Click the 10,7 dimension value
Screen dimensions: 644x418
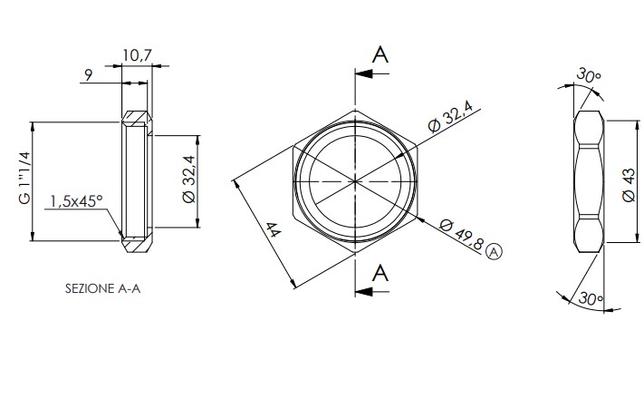(137, 55)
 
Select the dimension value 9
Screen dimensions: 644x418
(88, 75)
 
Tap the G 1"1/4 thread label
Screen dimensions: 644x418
(24, 178)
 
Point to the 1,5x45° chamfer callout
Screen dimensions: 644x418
(76, 201)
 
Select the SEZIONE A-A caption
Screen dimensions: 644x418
(102, 288)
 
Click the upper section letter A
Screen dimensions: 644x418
(380, 54)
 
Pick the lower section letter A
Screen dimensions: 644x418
(380, 273)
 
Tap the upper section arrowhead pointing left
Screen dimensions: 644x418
(364, 74)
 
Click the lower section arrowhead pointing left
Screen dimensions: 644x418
(364, 292)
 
